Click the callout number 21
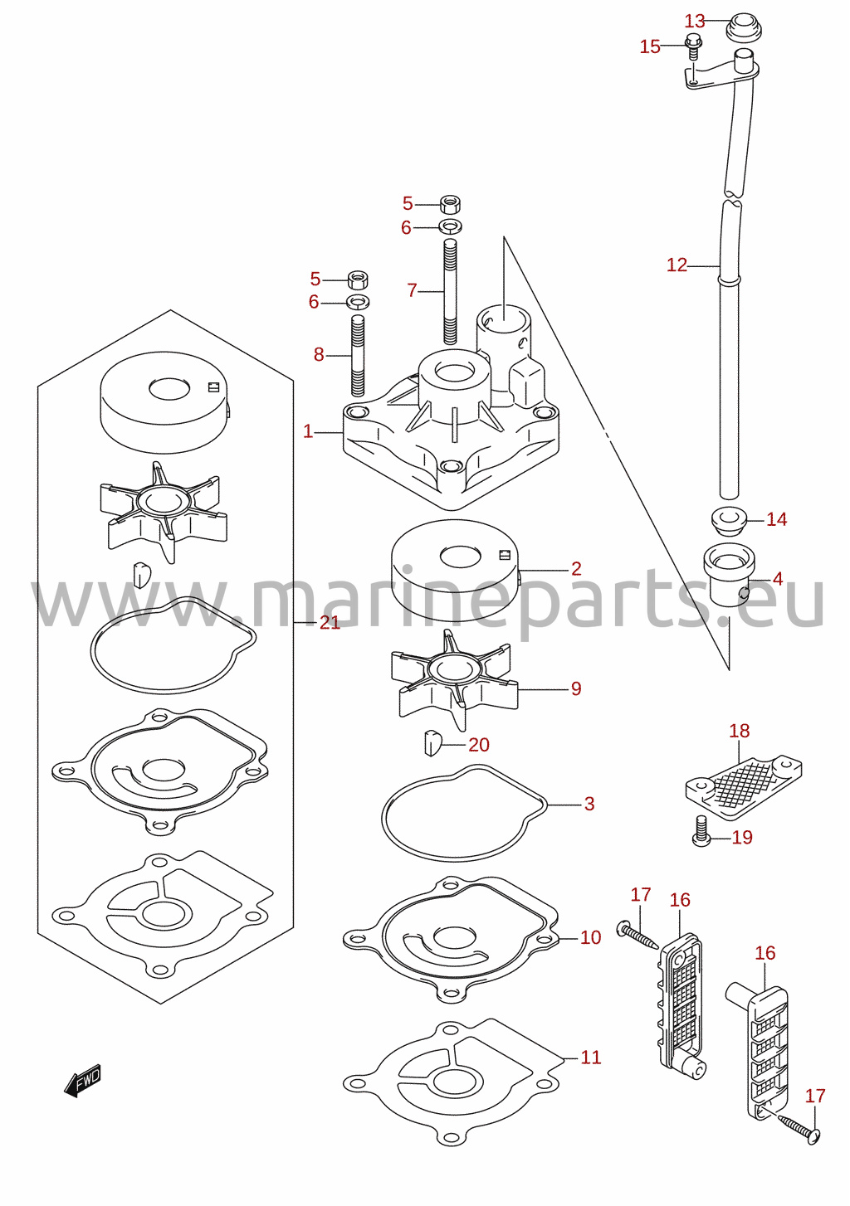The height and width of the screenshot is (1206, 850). (330, 622)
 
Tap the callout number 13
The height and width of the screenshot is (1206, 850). (694, 21)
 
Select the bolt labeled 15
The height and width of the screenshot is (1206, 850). (693, 47)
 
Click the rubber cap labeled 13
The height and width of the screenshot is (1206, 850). (744, 27)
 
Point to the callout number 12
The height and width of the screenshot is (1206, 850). (677, 265)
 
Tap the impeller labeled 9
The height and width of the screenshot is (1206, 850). (455, 680)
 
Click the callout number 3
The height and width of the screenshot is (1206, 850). (589, 804)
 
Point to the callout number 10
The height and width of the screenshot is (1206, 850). (590, 937)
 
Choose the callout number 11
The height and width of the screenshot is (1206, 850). (590, 1058)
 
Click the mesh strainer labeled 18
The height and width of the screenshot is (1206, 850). (743, 787)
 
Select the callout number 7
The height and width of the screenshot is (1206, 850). (412, 291)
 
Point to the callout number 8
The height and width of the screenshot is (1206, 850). (319, 354)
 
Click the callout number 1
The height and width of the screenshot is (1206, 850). (308, 431)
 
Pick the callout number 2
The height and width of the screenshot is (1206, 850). (576, 568)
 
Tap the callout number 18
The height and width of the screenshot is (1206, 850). (739, 731)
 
